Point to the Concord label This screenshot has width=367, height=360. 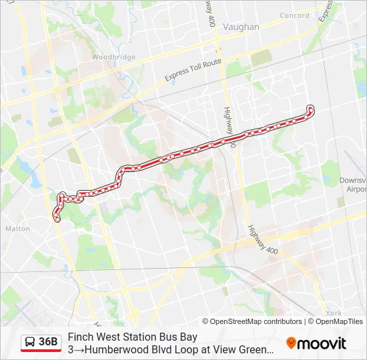click(x=294, y=15)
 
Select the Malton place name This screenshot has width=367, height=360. click(x=17, y=228)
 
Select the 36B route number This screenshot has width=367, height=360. click(x=48, y=342)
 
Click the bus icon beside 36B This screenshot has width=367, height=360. click(x=30, y=342)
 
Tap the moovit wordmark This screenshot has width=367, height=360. click(x=322, y=343)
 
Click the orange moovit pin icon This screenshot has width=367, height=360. click(x=291, y=343)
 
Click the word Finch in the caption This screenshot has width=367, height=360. click(x=79, y=337)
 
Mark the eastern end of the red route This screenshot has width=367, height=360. click(x=310, y=107)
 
